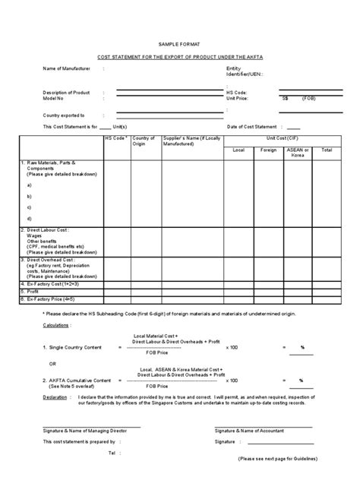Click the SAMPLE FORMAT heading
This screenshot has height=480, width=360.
click(179, 45)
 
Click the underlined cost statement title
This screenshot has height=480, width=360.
click(179, 57)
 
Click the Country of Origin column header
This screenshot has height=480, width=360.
click(144, 141)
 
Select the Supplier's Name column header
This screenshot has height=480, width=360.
click(189, 141)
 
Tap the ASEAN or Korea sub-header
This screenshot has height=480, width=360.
click(298, 153)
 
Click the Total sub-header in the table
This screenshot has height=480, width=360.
click(327, 150)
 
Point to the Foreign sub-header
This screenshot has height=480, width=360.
click(268, 150)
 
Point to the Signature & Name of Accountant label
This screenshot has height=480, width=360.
click(252, 431)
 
